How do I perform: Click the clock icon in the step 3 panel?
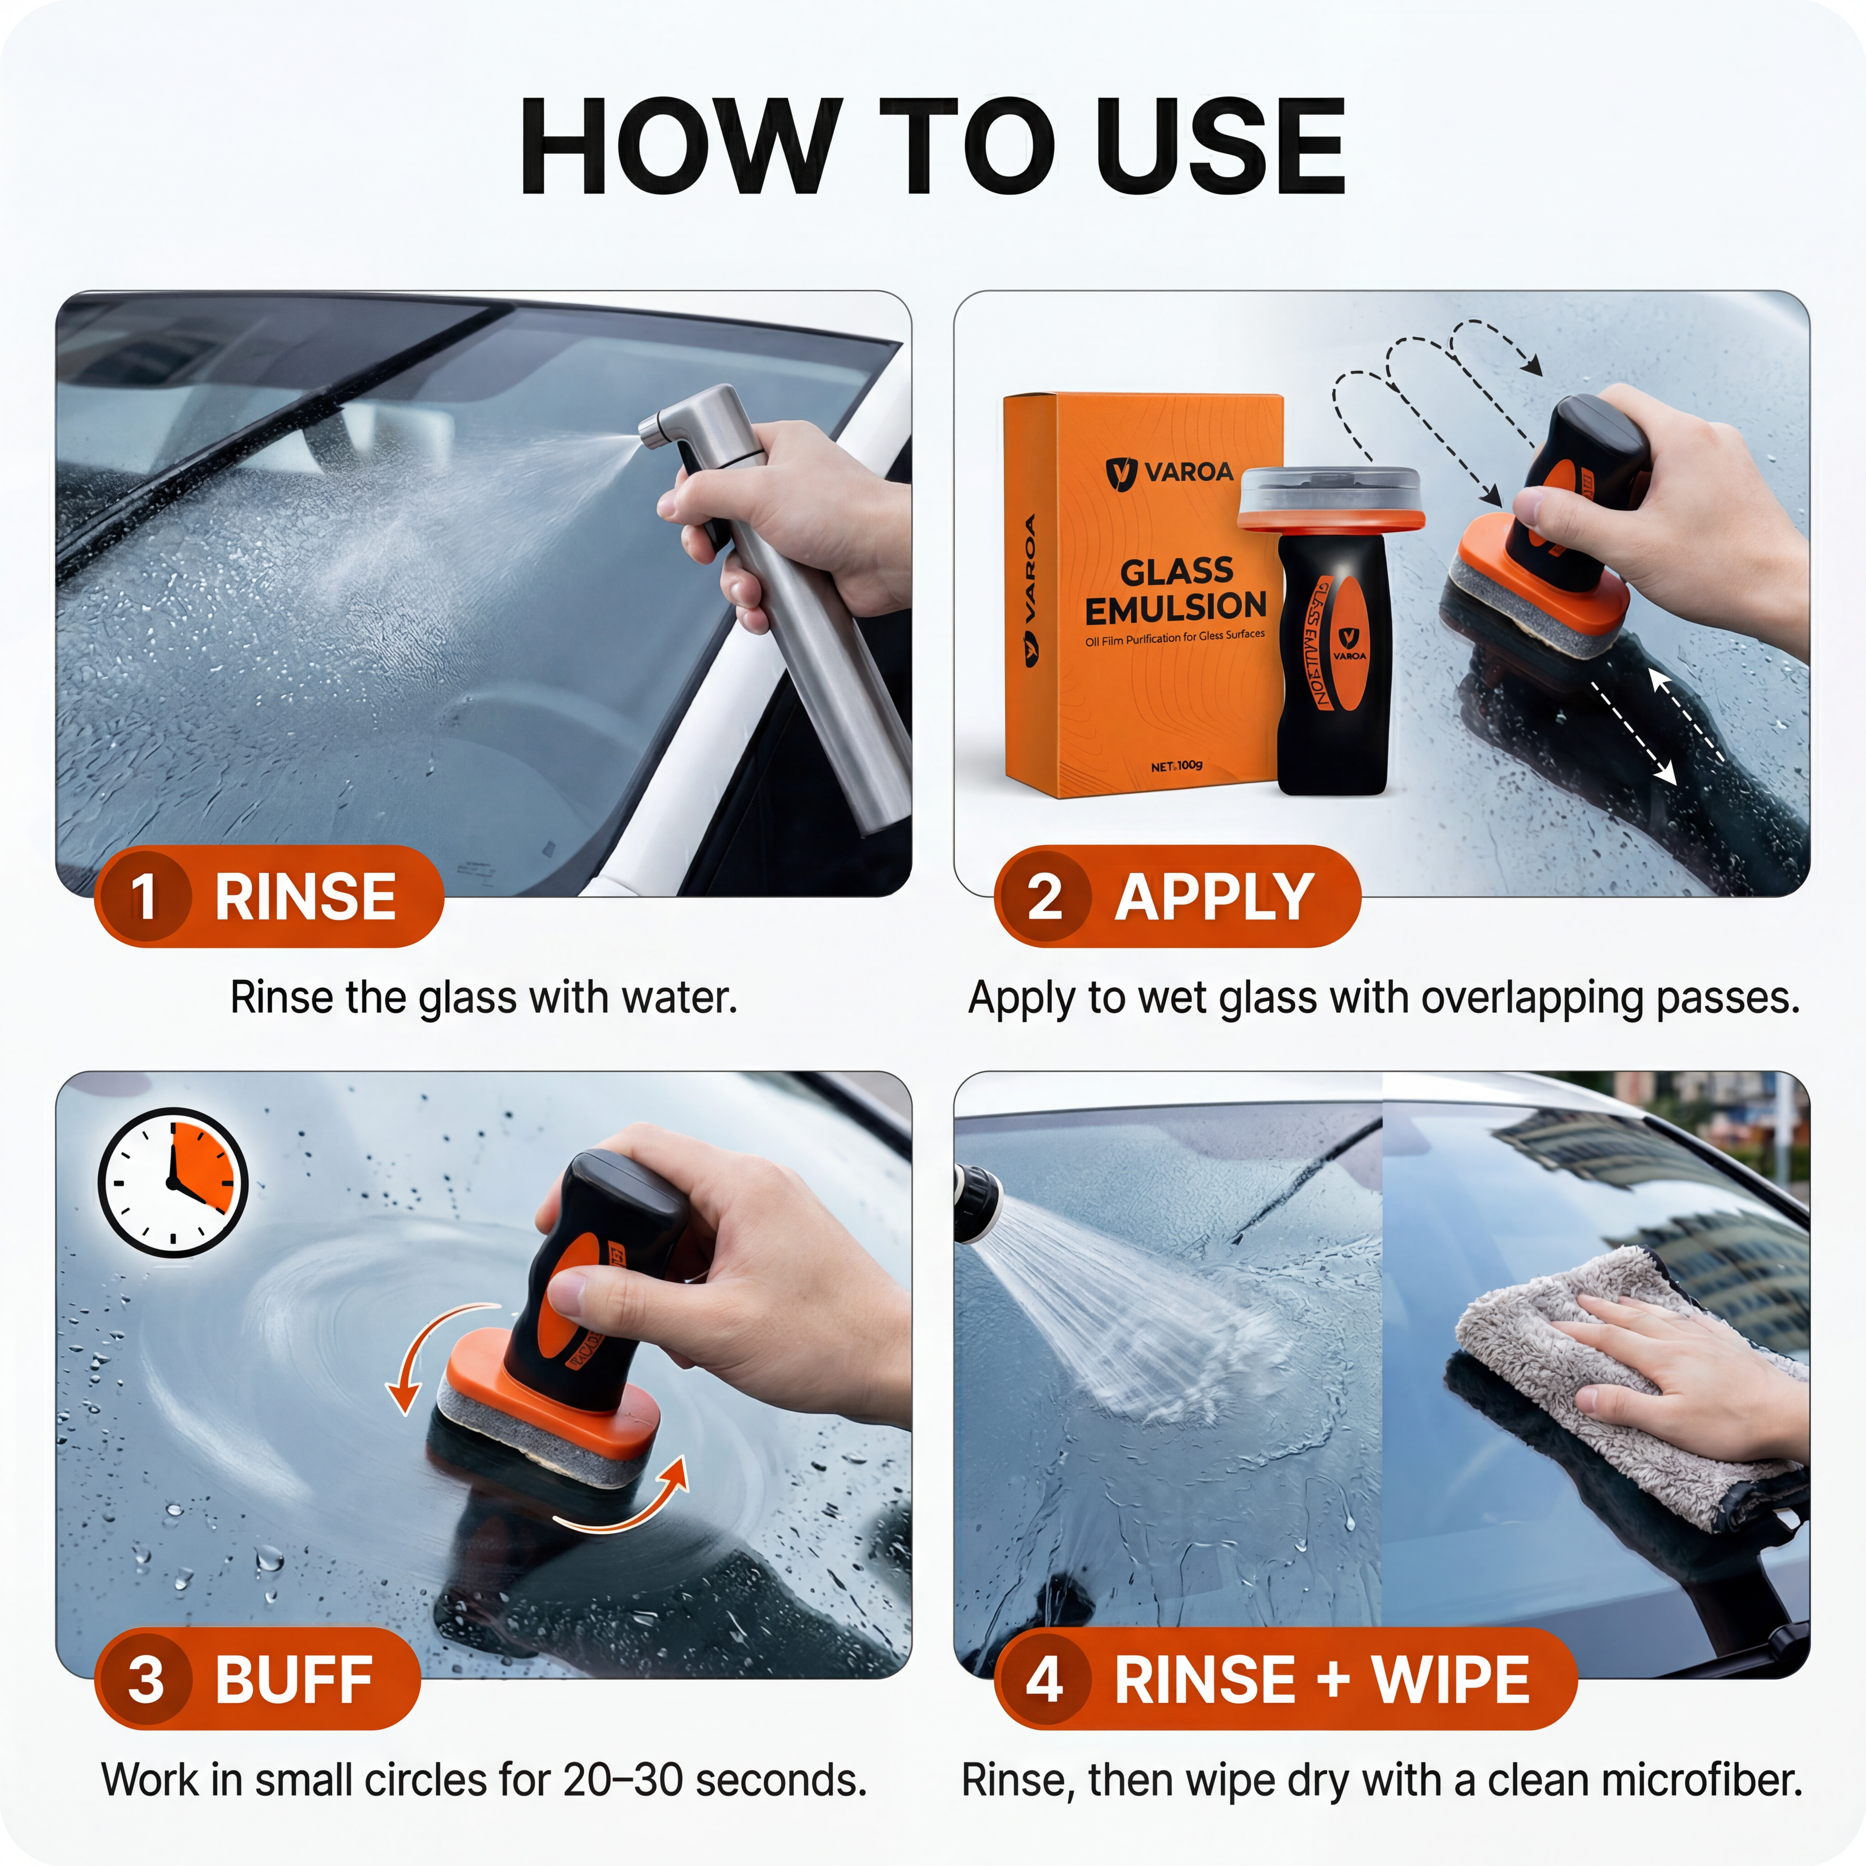[173, 1183]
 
